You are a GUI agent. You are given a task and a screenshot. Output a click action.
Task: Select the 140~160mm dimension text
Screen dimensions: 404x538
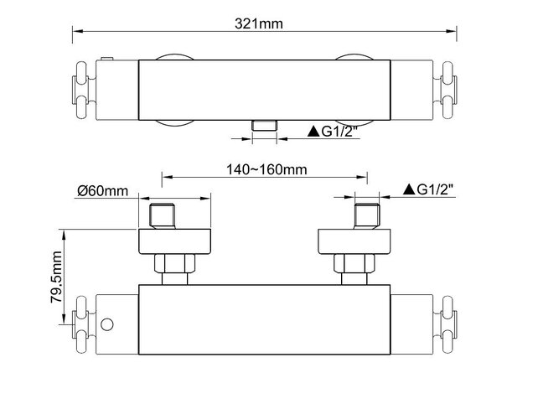(265, 168)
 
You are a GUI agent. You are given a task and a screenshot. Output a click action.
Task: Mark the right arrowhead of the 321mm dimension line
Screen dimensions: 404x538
(458, 34)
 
